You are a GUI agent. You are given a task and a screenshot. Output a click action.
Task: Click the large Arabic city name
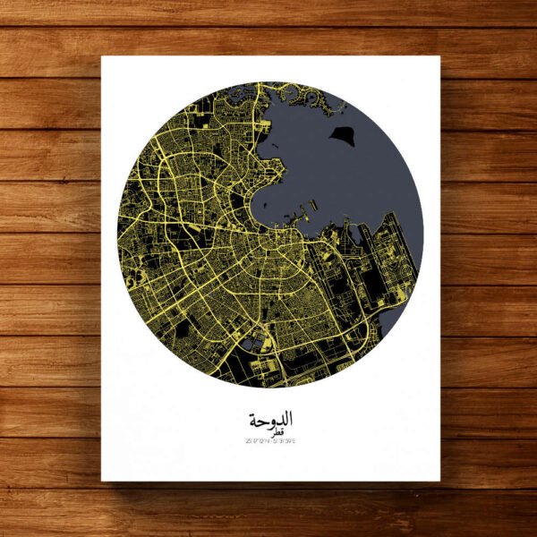click(268, 419)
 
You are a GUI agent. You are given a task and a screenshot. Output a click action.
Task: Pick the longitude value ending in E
click(285, 440)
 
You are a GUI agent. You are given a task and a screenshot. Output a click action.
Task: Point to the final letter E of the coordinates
click(294, 440)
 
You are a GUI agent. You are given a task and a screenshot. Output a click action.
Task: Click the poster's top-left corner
click(101, 57)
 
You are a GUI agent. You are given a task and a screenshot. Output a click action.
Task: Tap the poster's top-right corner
click(440, 57)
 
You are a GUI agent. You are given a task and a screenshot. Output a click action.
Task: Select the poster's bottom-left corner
click(101, 482)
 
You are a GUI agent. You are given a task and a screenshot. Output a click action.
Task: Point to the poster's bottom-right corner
click(440, 482)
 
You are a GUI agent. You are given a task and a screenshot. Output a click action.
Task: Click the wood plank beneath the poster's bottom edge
click(268, 510)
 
